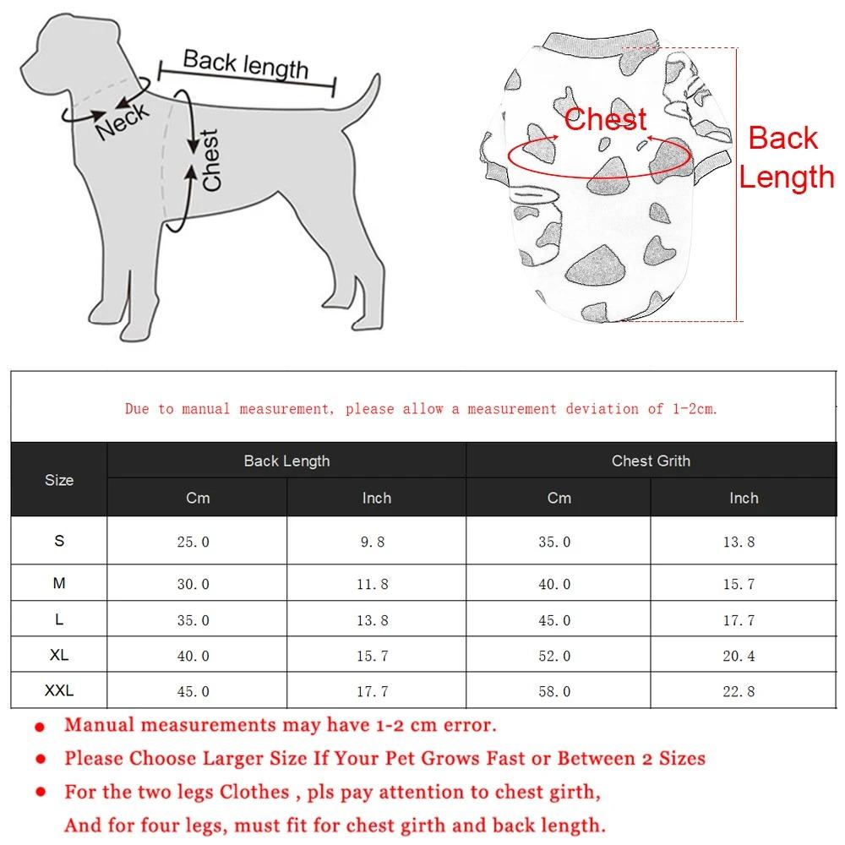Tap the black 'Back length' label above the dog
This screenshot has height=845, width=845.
pos(246,65)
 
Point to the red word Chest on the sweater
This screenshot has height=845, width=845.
pos(605,119)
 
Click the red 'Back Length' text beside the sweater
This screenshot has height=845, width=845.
pos(786,158)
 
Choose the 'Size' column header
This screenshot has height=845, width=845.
pos(59,480)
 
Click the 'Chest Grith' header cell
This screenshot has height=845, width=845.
pos(651,461)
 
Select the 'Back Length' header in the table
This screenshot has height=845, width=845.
pos(286,461)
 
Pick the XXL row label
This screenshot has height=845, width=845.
pos(59,690)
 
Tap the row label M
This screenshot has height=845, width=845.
pos(59,583)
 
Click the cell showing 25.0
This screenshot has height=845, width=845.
pos(194,542)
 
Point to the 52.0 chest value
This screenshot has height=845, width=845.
pos(554,656)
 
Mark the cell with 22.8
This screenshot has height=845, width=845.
pos(739,691)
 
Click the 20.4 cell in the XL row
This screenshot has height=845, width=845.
pos(739,656)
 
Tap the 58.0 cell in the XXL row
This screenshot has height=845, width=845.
pos(554,691)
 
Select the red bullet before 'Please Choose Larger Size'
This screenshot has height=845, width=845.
pos(40,760)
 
